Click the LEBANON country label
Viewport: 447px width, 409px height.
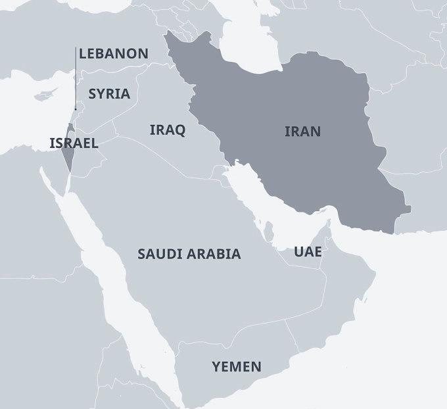click(113, 53)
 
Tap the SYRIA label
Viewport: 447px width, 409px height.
click(109, 93)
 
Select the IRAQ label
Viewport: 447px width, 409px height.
click(168, 130)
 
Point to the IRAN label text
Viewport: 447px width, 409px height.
click(302, 131)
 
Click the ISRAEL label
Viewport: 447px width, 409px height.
click(74, 143)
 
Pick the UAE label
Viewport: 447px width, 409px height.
click(308, 251)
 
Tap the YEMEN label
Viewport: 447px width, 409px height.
click(237, 366)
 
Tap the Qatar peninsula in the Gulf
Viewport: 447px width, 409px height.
click(269, 231)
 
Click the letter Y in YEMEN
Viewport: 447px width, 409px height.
click(216, 366)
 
